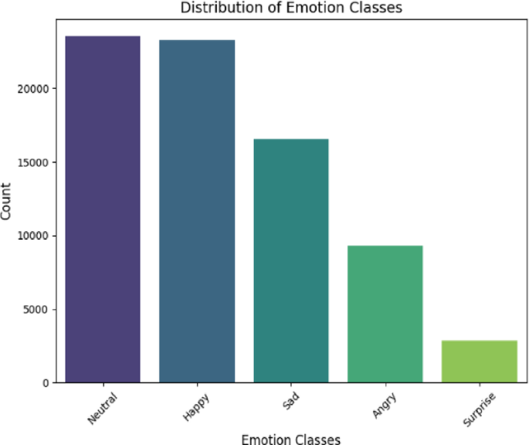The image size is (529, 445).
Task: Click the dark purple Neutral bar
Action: [x=103, y=209]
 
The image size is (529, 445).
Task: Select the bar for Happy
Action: [x=197, y=211]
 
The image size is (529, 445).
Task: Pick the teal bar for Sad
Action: [x=291, y=261]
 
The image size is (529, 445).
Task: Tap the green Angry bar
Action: [x=385, y=314]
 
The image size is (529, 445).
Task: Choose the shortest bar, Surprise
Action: [x=480, y=361]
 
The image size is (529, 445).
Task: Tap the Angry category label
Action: [x=385, y=405]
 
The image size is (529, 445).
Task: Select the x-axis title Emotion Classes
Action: [x=291, y=439]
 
